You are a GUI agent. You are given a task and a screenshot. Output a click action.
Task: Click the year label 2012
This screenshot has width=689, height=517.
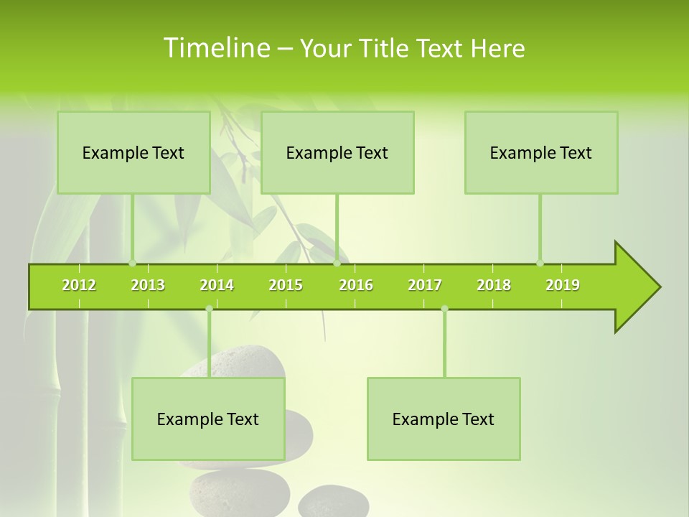pyautogui.click(x=79, y=285)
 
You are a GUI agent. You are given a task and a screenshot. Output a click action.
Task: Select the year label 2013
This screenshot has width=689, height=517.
pyautogui.click(x=148, y=285)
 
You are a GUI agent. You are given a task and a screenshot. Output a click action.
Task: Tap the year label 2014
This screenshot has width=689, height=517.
pyautogui.click(x=217, y=285)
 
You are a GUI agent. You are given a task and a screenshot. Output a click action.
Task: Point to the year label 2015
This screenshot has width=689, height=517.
pyautogui.click(x=286, y=285)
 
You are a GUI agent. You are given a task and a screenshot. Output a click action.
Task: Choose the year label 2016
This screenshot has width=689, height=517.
pyautogui.click(x=356, y=285)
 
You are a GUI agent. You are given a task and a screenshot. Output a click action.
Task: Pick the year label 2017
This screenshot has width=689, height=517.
pyautogui.click(x=425, y=285)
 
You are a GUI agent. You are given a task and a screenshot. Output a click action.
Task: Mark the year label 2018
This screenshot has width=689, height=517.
pyautogui.click(x=494, y=285)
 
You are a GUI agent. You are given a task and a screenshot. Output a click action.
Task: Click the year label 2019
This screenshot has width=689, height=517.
pyautogui.click(x=563, y=285)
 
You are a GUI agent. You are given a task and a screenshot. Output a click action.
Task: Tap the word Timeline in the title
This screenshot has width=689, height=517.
pyautogui.click(x=215, y=48)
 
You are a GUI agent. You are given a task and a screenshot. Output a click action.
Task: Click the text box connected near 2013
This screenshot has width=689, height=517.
pyautogui.click(x=133, y=152)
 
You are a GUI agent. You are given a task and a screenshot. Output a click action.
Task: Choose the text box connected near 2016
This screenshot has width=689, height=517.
pyautogui.click(x=337, y=152)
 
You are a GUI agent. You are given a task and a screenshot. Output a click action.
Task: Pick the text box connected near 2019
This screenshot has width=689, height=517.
pyautogui.click(x=541, y=152)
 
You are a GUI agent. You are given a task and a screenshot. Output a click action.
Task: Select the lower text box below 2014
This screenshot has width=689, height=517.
pyautogui.click(x=208, y=419)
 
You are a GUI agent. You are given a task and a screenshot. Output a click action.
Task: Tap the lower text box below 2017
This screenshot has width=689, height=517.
pyautogui.click(x=444, y=419)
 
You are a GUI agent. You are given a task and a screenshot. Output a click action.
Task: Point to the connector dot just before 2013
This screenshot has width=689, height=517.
pyautogui.click(x=132, y=263)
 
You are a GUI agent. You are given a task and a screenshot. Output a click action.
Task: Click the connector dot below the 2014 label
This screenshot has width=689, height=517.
pyautogui.click(x=209, y=309)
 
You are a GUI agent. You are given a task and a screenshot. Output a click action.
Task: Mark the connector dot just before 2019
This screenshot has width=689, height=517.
pyautogui.click(x=540, y=263)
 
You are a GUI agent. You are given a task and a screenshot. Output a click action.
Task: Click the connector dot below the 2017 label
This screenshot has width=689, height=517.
pyautogui.click(x=444, y=309)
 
